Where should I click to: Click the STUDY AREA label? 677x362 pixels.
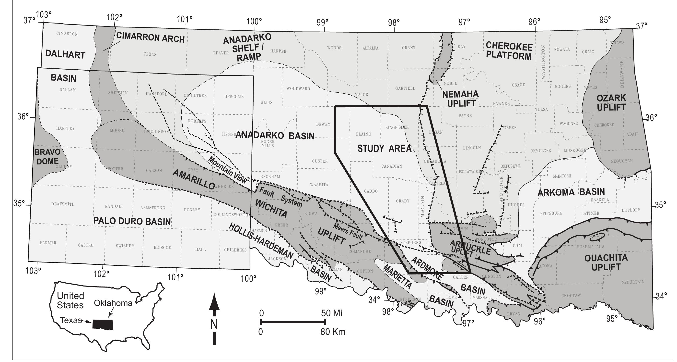point(385,149)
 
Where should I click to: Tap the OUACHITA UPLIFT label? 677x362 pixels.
point(606,262)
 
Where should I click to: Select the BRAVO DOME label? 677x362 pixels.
point(47,157)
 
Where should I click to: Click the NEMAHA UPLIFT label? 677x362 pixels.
point(461,99)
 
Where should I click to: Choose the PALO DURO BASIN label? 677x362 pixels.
point(132,221)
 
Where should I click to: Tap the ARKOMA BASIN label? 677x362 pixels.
point(571,192)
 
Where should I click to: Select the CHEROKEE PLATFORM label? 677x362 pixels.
point(509,51)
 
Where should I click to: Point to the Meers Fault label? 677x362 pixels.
point(348,232)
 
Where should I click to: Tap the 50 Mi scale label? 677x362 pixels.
point(332,313)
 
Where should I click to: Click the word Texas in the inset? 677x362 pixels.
point(71,320)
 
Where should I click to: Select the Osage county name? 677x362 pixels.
point(518,85)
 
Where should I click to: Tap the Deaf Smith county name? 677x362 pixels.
point(63,204)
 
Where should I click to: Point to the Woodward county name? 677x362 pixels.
point(298,89)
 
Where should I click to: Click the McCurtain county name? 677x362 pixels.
point(633,282)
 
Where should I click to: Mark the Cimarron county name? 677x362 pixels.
point(67,34)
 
